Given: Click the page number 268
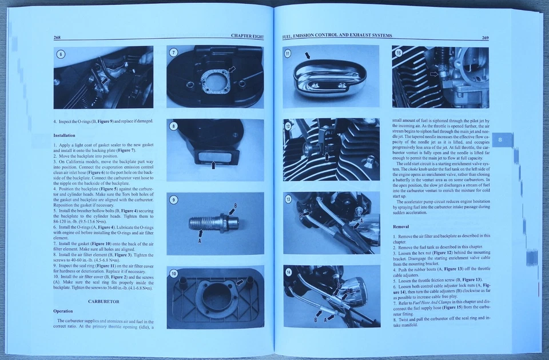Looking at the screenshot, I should click(57, 37).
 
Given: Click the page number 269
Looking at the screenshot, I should click(485, 38).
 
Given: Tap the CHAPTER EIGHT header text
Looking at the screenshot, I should click(247, 36).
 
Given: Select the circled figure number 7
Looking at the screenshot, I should click(174, 53).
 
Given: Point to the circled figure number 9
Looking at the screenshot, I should click(174, 199).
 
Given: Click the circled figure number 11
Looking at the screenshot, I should click(288, 53).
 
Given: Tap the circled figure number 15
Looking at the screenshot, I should click(399, 53).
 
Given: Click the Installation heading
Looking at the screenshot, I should click(65, 135).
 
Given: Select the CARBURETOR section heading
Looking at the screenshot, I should click(104, 301).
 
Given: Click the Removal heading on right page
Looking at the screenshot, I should click(401, 226).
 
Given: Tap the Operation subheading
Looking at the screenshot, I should click(63, 311).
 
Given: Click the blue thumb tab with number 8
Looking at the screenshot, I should click(501, 140).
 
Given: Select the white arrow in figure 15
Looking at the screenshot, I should click(434, 74).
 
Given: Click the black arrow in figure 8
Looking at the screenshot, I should click(213, 165).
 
